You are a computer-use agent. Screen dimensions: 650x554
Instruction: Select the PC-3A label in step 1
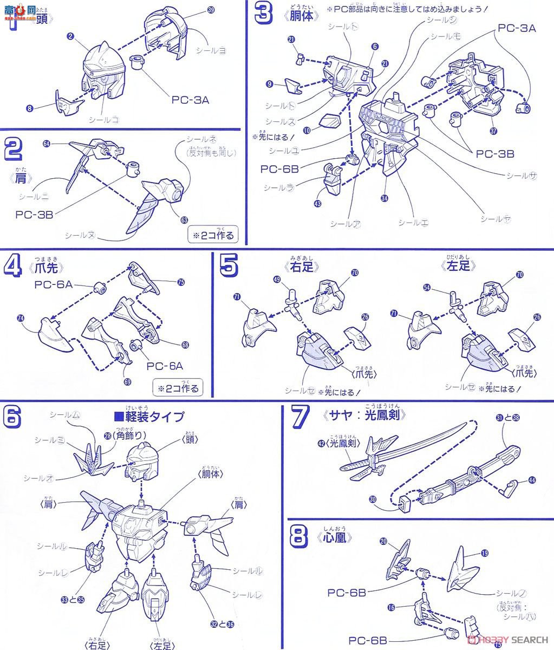coord(190,100)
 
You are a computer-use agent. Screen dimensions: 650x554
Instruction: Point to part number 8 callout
coord(30,108)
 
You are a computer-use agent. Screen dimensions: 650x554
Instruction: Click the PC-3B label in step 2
coord(34,214)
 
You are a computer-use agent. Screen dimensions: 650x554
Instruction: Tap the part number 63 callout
coord(185,220)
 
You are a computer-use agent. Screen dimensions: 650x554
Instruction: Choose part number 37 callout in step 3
coord(493,131)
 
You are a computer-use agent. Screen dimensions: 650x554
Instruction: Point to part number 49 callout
coord(277,280)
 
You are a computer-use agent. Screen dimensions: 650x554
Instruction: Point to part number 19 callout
coord(484,553)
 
